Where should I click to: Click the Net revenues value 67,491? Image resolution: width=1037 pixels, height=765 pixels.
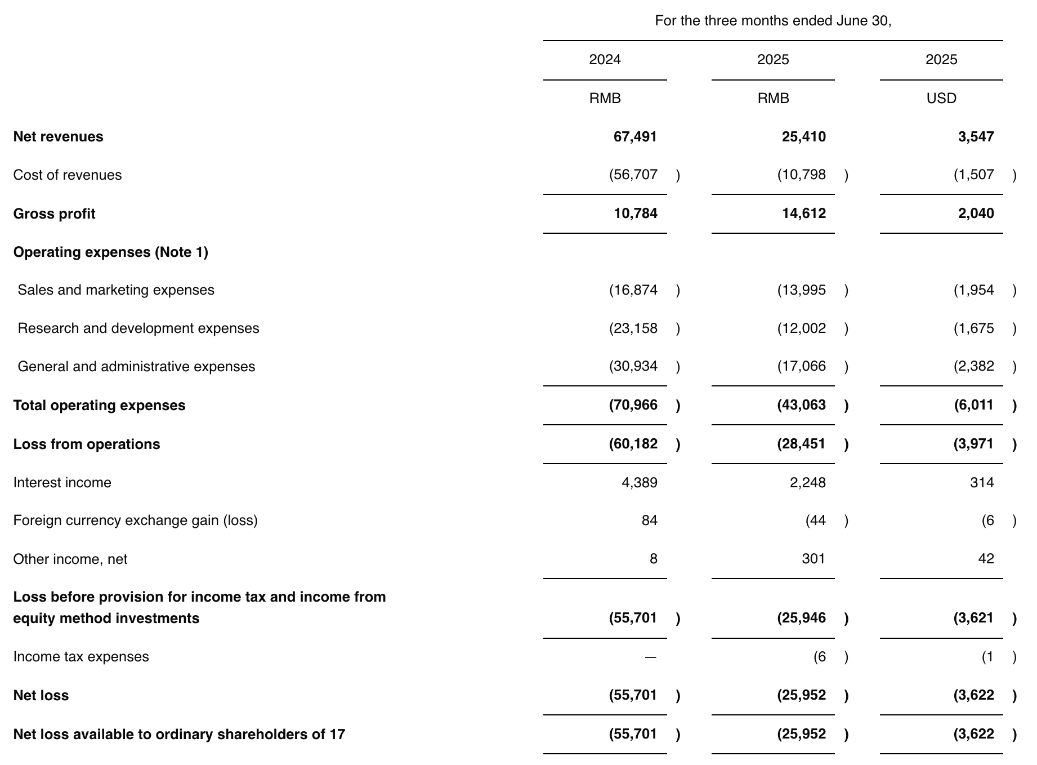pos(635,137)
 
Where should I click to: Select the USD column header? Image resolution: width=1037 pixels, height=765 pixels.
pos(941,99)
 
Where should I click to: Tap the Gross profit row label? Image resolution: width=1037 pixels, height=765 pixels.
pos(54,214)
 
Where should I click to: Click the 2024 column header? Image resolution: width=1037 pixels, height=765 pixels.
pos(605,60)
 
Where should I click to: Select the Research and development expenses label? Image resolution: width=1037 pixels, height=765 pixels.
pos(138,328)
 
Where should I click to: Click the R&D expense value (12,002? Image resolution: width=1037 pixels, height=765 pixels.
pos(802,328)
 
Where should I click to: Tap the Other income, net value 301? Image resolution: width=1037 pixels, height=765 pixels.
pos(813,559)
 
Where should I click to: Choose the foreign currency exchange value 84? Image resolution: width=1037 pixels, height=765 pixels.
pos(649,521)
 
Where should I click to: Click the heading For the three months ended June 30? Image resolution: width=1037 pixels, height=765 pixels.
pos(773,21)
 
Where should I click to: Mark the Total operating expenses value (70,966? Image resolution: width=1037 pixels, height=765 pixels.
pos(633,406)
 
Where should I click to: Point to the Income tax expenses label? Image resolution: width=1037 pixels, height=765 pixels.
pos(81,657)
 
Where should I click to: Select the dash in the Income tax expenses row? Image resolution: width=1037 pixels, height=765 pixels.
pos(650,657)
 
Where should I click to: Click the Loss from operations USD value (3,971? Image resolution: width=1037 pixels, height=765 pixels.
pos(973,444)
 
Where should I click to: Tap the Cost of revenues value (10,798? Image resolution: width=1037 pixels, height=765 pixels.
pos(802,175)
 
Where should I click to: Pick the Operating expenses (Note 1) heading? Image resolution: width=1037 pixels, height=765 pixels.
pos(110,252)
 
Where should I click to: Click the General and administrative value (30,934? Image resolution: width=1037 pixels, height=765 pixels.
pos(633,367)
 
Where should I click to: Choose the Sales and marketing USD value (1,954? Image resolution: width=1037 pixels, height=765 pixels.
pos(973,290)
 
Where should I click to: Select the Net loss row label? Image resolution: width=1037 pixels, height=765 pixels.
pos(41,696)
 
